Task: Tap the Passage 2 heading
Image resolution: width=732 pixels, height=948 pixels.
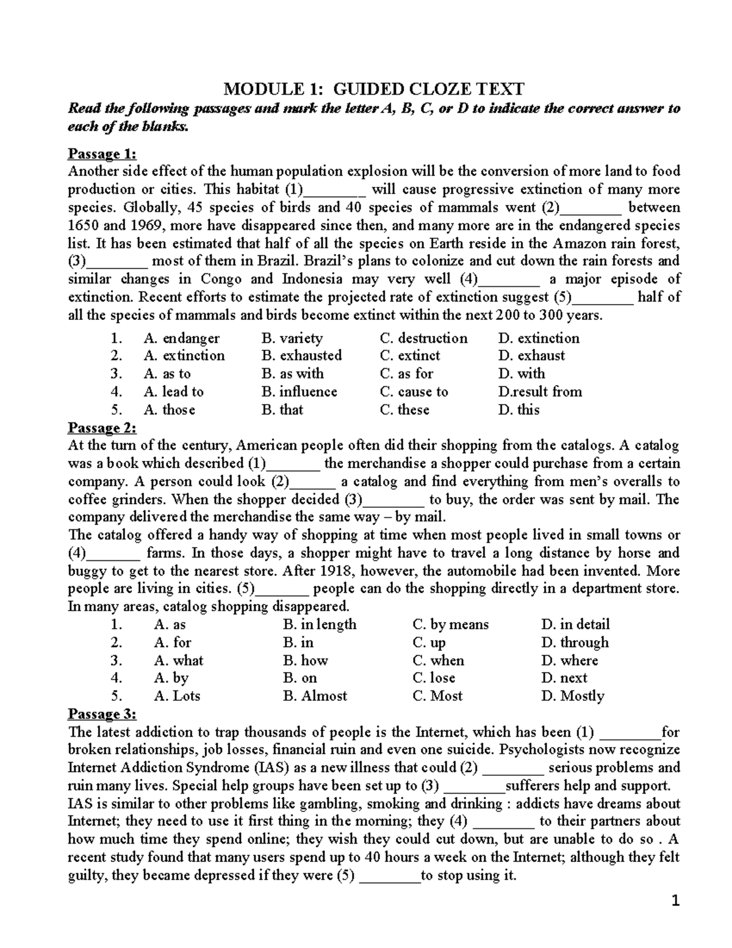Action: pyautogui.click(x=102, y=427)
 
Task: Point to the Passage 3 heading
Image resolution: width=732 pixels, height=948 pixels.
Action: pyautogui.click(x=102, y=714)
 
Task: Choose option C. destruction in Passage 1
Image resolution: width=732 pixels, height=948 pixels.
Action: pyautogui.click(x=423, y=338)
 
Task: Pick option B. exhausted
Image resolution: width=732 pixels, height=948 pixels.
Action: pyautogui.click(x=301, y=356)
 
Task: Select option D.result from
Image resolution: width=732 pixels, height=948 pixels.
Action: pyautogui.click(x=540, y=392)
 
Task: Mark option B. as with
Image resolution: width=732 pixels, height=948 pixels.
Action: pyautogui.click(x=292, y=374)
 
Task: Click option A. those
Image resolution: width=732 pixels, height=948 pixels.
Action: pyautogui.click(x=169, y=410)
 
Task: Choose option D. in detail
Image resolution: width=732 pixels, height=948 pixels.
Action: pyautogui.click(x=575, y=624)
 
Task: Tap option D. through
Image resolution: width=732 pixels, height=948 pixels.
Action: pyautogui.click(x=575, y=643)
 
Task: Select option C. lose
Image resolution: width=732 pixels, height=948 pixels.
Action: pyautogui.click(x=434, y=678)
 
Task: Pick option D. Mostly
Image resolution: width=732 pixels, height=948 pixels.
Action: pyautogui.click(x=572, y=697)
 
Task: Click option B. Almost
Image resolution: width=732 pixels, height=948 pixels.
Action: pyautogui.click(x=315, y=697)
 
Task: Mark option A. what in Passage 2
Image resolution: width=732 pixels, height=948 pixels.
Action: pyautogui.click(x=179, y=660)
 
